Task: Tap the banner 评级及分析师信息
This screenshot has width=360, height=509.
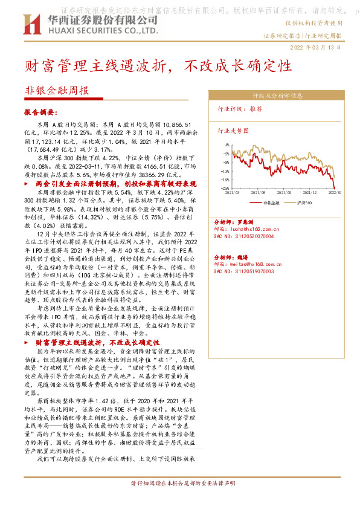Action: pos(277,96)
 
